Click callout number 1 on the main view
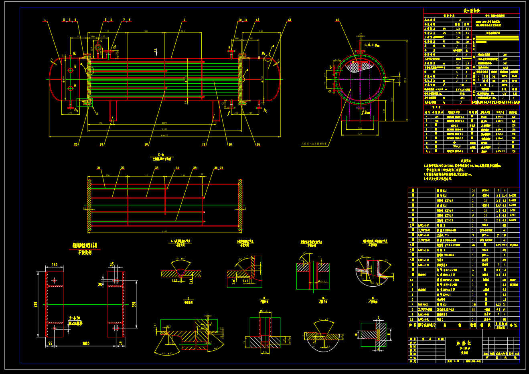coord(45,20)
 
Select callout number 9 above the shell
coord(184,20)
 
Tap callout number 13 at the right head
coord(289,20)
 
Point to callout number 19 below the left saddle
coord(101,145)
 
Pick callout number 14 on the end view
coord(337,20)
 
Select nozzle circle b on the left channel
coord(70,71)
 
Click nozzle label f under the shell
coord(229,113)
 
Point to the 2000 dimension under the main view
coord(164,123)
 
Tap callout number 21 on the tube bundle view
coord(99,168)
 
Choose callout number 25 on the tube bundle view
coord(195,168)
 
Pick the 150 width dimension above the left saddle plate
coord(55,265)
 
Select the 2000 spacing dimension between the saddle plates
coord(85,344)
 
